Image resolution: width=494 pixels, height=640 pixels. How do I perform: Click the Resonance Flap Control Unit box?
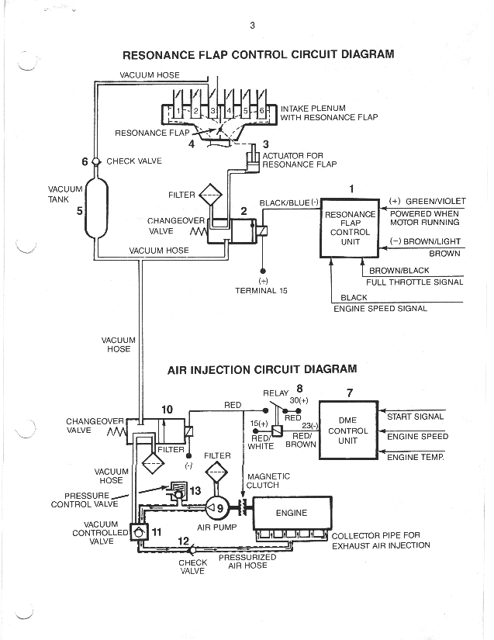click(350, 228)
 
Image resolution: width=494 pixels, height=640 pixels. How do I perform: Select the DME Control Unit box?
click(348, 431)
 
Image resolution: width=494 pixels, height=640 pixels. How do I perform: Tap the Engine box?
click(292, 513)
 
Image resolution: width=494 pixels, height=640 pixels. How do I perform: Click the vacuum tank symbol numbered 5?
click(96, 209)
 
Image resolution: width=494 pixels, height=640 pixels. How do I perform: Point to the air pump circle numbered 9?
click(217, 508)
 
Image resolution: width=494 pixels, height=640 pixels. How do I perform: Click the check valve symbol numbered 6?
click(95, 161)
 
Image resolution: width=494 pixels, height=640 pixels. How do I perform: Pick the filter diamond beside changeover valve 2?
click(210, 195)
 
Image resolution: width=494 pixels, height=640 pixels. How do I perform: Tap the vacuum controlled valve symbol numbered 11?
click(139, 532)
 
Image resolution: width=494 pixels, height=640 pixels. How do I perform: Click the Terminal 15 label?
click(261, 291)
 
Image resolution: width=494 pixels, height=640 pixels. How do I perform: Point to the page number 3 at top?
click(252, 26)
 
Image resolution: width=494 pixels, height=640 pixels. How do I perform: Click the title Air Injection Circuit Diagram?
click(262, 369)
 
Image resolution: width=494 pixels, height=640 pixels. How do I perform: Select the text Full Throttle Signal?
click(414, 282)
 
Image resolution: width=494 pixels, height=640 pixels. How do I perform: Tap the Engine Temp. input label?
click(415, 457)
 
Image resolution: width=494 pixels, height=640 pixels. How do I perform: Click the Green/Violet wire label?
click(435, 201)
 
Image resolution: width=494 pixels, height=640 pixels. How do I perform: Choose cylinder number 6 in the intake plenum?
click(262, 110)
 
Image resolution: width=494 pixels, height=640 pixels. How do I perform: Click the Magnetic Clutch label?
click(268, 481)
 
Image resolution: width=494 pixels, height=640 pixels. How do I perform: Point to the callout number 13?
click(195, 490)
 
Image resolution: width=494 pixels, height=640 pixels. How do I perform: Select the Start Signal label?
click(415, 417)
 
